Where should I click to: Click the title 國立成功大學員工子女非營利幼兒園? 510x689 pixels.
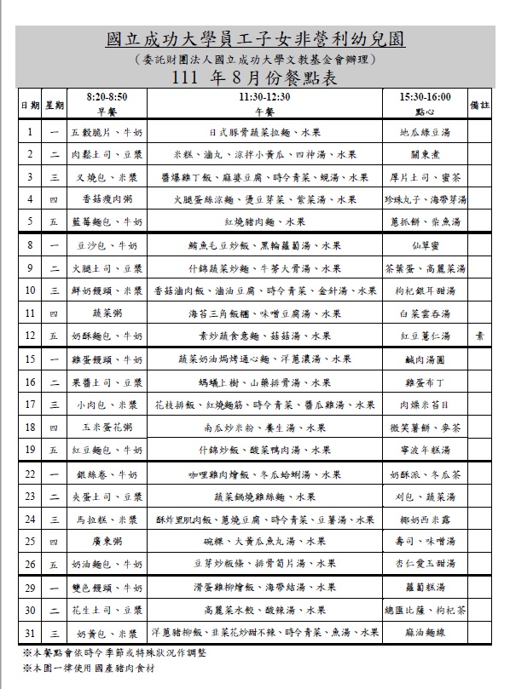click(254, 40)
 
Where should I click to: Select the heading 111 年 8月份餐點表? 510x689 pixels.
click(254, 78)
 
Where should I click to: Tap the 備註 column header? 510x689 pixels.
click(480, 105)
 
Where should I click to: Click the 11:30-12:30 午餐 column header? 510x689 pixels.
click(264, 105)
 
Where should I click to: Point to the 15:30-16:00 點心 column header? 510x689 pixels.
click(425, 105)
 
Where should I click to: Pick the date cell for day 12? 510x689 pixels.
click(29, 336)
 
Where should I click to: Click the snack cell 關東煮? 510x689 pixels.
click(425, 155)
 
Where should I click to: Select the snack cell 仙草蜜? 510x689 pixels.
click(425, 245)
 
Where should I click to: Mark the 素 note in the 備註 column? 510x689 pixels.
click(480, 336)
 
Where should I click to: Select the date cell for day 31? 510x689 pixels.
click(29, 633)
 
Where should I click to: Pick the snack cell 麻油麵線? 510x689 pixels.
click(425, 633)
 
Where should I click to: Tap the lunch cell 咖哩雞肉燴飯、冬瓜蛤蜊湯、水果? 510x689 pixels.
click(264, 473)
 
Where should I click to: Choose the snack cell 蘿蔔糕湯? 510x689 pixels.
click(425, 588)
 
